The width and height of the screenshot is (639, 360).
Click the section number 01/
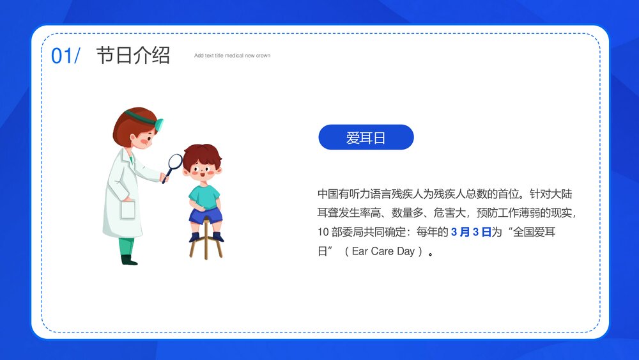pyautogui.click(x=65, y=56)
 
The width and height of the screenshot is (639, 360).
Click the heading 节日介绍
pyautogui.click(x=133, y=56)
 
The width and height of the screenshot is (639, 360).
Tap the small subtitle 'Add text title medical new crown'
pyautogui.click(x=232, y=56)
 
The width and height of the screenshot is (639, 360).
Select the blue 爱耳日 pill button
pyautogui.click(x=366, y=137)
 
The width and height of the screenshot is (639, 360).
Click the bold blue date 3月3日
pyautogui.click(x=471, y=232)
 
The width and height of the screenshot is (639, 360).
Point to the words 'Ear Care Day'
pyautogui.click(x=383, y=251)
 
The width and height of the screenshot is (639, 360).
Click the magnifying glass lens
pyautogui.click(x=174, y=162)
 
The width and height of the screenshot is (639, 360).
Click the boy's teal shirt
pyautogui.click(x=204, y=195)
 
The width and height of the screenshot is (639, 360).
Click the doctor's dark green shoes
pyautogui.click(x=129, y=260)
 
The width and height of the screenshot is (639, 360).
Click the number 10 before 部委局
pyautogui.click(x=323, y=232)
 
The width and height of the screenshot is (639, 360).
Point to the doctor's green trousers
pyautogui.click(x=127, y=246)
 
